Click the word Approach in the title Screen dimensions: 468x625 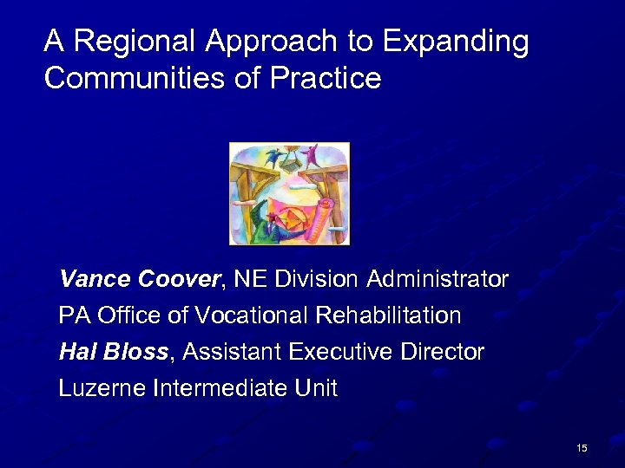[x=283, y=41]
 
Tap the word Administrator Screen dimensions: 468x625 [x=437, y=279]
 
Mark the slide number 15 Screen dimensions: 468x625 [x=581, y=447]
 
